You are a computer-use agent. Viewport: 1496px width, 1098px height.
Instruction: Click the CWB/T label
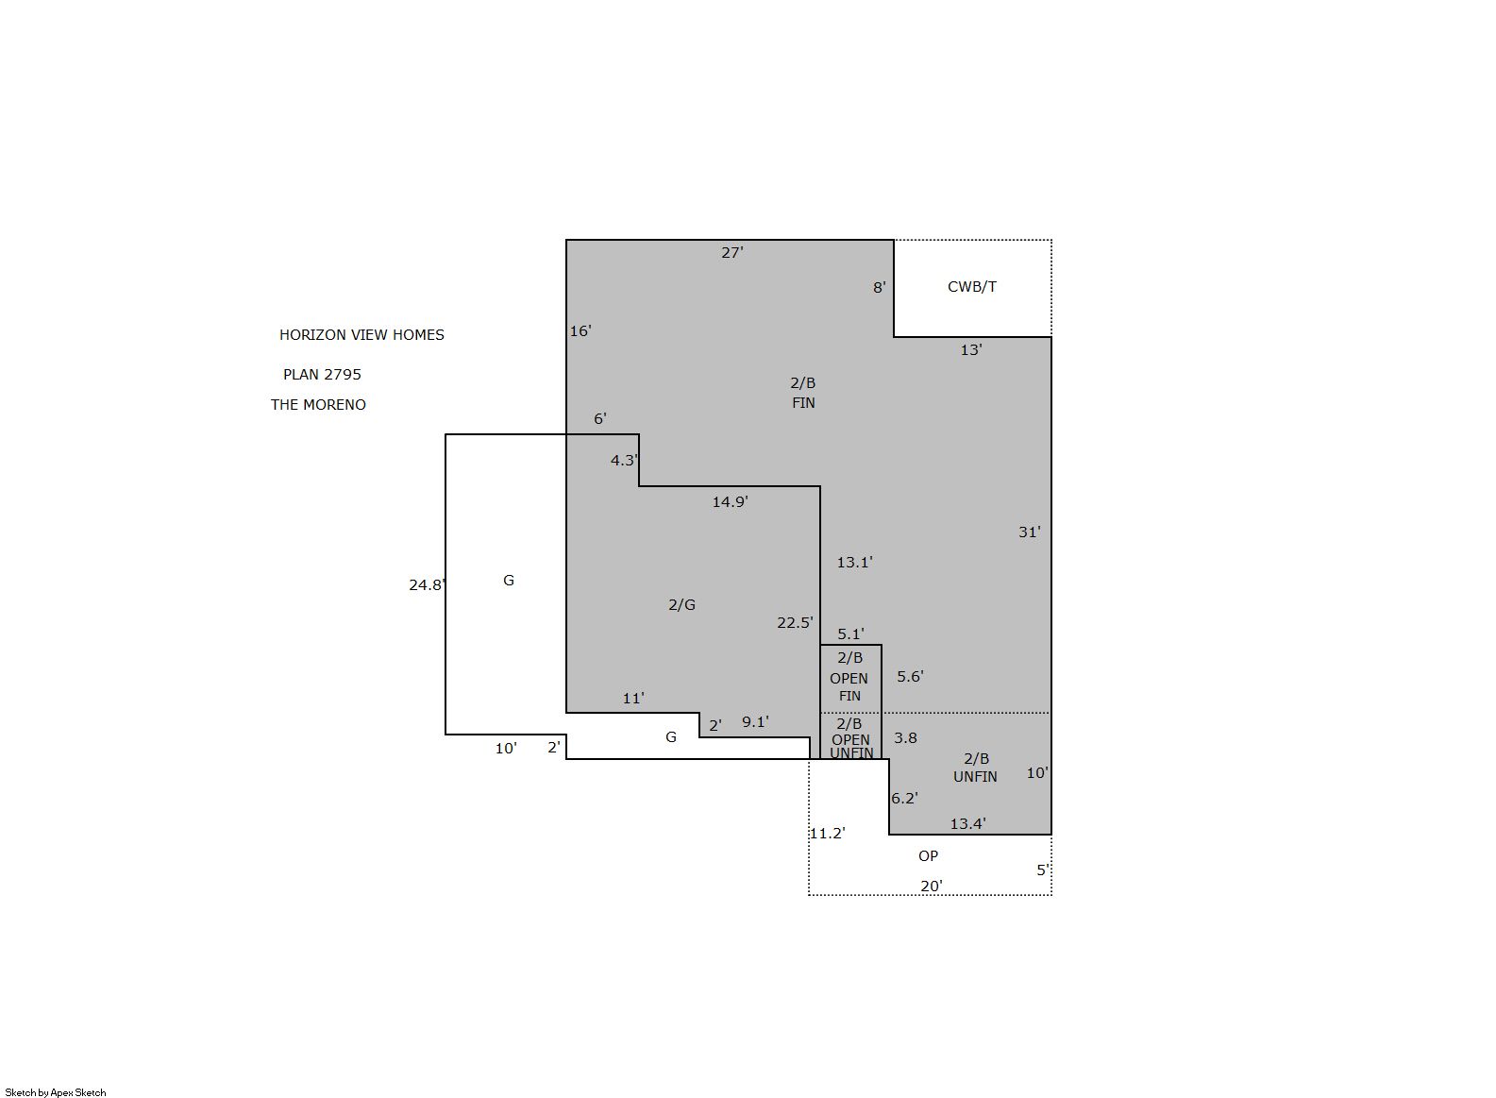click(972, 287)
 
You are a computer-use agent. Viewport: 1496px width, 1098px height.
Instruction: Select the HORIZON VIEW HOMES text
click(361, 335)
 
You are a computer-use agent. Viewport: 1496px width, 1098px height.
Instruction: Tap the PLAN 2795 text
click(322, 375)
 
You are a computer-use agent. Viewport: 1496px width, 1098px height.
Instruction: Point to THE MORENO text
click(318, 405)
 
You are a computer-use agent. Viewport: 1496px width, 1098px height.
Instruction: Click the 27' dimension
click(732, 252)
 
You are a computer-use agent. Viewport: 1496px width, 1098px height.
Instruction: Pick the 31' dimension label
click(1029, 532)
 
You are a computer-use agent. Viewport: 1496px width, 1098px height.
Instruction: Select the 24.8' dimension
click(428, 585)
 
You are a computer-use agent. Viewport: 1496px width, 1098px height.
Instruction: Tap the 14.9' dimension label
click(730, 502)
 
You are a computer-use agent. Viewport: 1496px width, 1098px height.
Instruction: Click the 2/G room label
click(681, 605)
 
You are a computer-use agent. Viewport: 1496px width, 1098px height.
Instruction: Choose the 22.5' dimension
click(795, 623)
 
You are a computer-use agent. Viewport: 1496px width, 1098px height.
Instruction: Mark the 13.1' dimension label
click(855, 563)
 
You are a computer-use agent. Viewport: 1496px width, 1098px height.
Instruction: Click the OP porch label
click(929, 856)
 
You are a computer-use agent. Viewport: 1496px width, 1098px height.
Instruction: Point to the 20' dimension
click(932, 887)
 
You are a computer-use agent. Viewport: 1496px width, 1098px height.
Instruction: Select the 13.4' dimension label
click(967, 824)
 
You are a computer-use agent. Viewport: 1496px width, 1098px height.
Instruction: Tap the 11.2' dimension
click(828, 834)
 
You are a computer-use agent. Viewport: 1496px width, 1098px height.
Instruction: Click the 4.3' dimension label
click(625, 461)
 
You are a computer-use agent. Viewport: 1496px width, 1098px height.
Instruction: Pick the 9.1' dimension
click(755, 722)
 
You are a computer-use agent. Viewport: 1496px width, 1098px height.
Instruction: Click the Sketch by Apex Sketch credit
click(56, 1092)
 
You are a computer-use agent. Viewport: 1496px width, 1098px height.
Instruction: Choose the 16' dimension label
click(580, 331)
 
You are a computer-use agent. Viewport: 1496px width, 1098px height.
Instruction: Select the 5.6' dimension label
click(910, 677)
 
